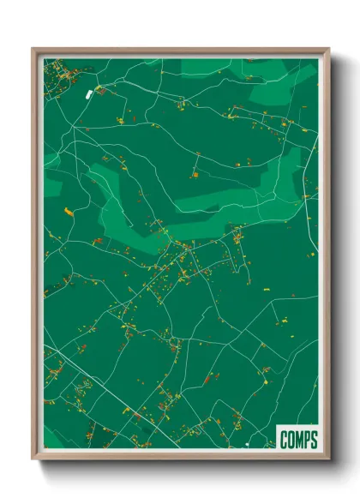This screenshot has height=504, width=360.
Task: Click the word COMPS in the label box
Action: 298,441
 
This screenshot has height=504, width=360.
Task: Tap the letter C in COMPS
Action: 285,441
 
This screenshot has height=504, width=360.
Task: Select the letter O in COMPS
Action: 291,441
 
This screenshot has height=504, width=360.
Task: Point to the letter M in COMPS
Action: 299,441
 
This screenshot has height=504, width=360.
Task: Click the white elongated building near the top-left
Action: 87,91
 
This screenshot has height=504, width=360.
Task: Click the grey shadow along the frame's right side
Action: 337,257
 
